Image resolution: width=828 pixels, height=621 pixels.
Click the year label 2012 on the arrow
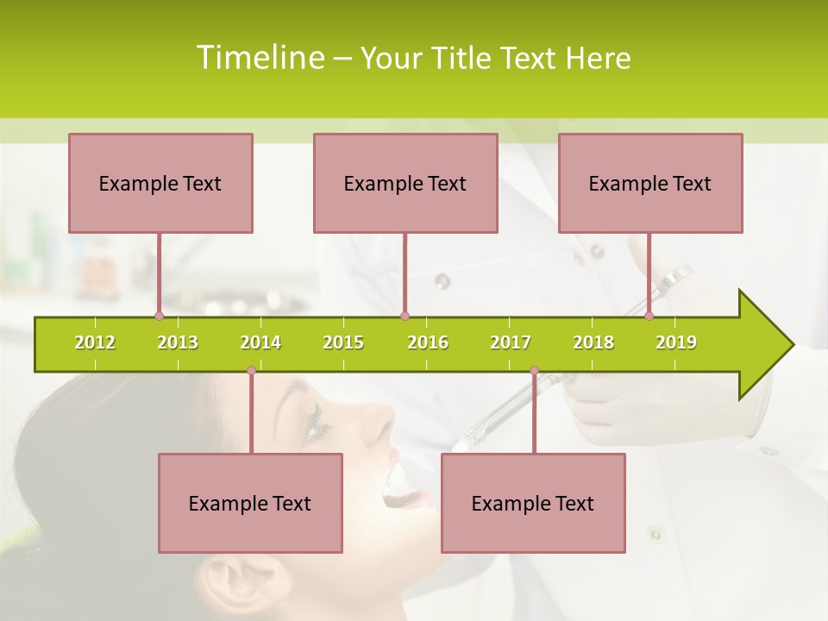coord(95,342)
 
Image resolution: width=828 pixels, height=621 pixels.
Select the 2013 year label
coord(178,342)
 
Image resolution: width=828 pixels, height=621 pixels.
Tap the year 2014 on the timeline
coord(260,342)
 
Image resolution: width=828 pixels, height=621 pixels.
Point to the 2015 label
coord(343,342)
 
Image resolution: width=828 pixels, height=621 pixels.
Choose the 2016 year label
coord(428,342)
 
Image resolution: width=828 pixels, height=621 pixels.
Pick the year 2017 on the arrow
coord(511,342)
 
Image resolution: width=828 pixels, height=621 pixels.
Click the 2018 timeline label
coord(593,342)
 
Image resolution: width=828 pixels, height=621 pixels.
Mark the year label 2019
coord(676,342)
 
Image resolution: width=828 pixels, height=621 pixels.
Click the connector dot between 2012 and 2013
coord(159,317)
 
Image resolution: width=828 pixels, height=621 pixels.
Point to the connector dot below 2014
coord(251,371)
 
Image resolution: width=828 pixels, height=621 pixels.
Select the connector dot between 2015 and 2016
coord(405,317)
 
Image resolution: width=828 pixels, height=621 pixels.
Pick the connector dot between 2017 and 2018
coord(534,371)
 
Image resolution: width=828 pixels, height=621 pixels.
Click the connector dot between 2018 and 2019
coord(649,317)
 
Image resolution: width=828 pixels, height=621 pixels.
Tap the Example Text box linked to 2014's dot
coord(250,503)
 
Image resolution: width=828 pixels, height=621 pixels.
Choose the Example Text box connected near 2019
coord(650,183)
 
